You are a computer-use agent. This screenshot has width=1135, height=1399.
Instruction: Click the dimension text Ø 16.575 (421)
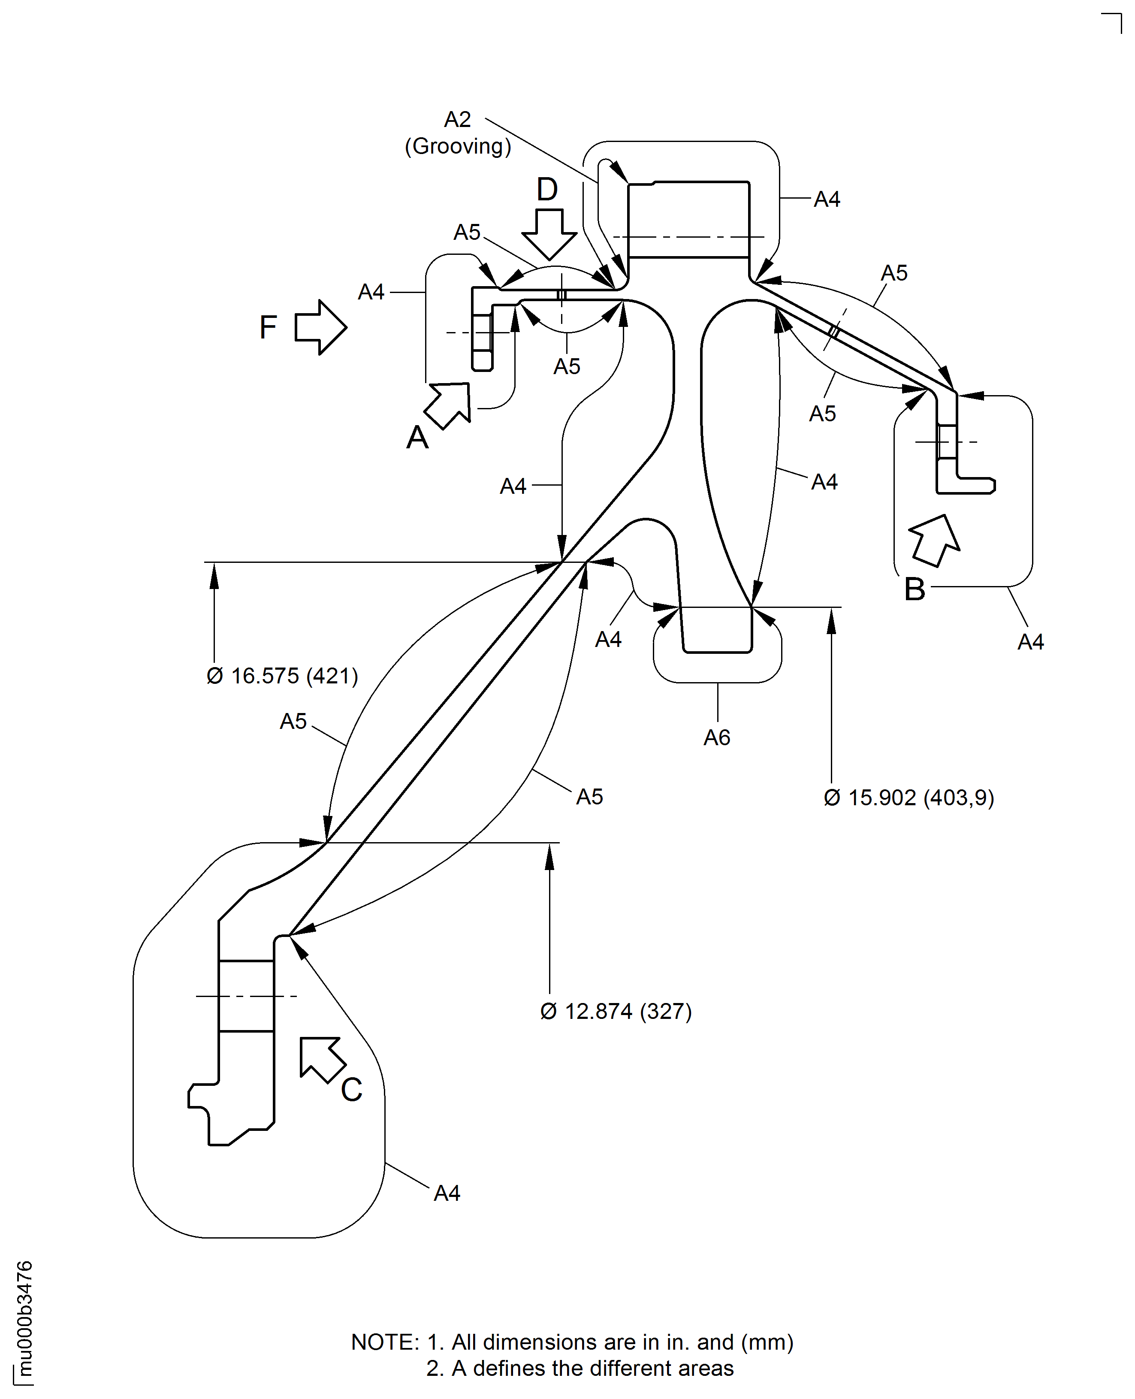coord(282,676)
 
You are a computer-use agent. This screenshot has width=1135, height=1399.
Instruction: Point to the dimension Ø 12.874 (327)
coord(616,1011)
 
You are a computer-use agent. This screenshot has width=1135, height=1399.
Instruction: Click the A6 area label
coord(717,737)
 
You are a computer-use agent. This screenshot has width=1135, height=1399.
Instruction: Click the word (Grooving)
coord(458,146)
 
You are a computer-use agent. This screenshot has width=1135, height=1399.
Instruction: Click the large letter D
coord(547,190)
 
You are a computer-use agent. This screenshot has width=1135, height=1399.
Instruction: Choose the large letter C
coord(352,1090)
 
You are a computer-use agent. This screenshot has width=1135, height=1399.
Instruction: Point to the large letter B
coord(915,589)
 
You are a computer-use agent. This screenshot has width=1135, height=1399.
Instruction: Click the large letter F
coord(268,327)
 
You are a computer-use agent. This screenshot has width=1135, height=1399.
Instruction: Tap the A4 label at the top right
coord(827,199)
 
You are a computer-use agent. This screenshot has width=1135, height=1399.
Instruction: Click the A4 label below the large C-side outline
coord(447,1193)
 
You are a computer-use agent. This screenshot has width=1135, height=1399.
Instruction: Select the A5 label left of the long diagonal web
coord(293,721)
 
